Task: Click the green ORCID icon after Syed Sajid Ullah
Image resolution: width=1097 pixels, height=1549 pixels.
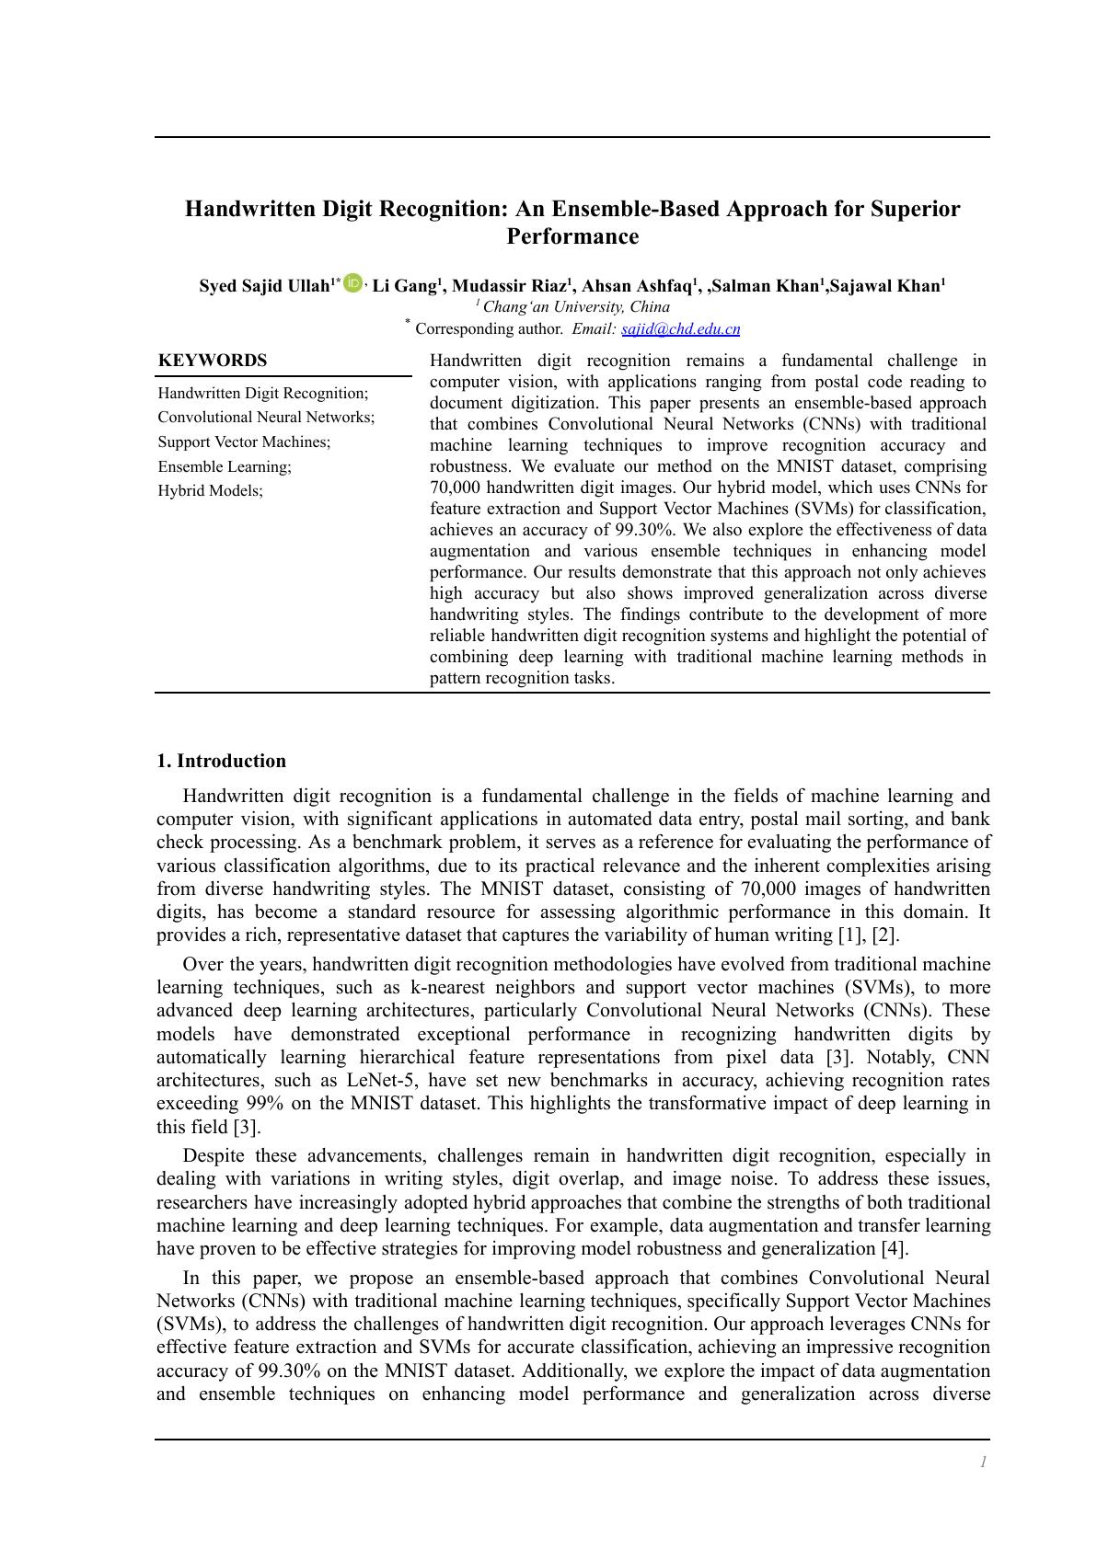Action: pyautogui.click(x=352, y=284)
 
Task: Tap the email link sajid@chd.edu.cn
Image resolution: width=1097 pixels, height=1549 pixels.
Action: pyautogui.click(x=680, y=329)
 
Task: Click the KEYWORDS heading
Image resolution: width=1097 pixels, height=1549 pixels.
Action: pyautogui.click(x=213, y=361)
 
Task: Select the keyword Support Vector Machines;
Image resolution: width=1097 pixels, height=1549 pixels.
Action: pyautogui.click(x=244, y=442)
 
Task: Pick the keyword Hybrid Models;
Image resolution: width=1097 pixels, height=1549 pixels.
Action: pyautogui.click(x=210, y=490)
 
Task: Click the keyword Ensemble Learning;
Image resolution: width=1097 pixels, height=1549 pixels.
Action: pyautogui.click(x=225, y=466)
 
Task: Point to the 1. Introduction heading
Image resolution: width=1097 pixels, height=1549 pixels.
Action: pyautogui.click(x=221, y=761)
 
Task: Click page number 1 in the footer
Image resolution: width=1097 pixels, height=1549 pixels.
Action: pyautogui.click(x=983, y=1462)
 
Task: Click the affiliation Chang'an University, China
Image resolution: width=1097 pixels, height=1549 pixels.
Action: pyautogui.click(x=576, y=307)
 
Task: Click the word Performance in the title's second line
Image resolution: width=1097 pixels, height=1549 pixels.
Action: pyautogui.click(x=572, y=236)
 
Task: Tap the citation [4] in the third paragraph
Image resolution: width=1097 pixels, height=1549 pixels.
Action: pyautogui.click(x=894, y=1248)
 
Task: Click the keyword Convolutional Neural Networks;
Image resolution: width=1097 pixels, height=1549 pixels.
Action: pyautogui.click(x=266, y=418)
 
